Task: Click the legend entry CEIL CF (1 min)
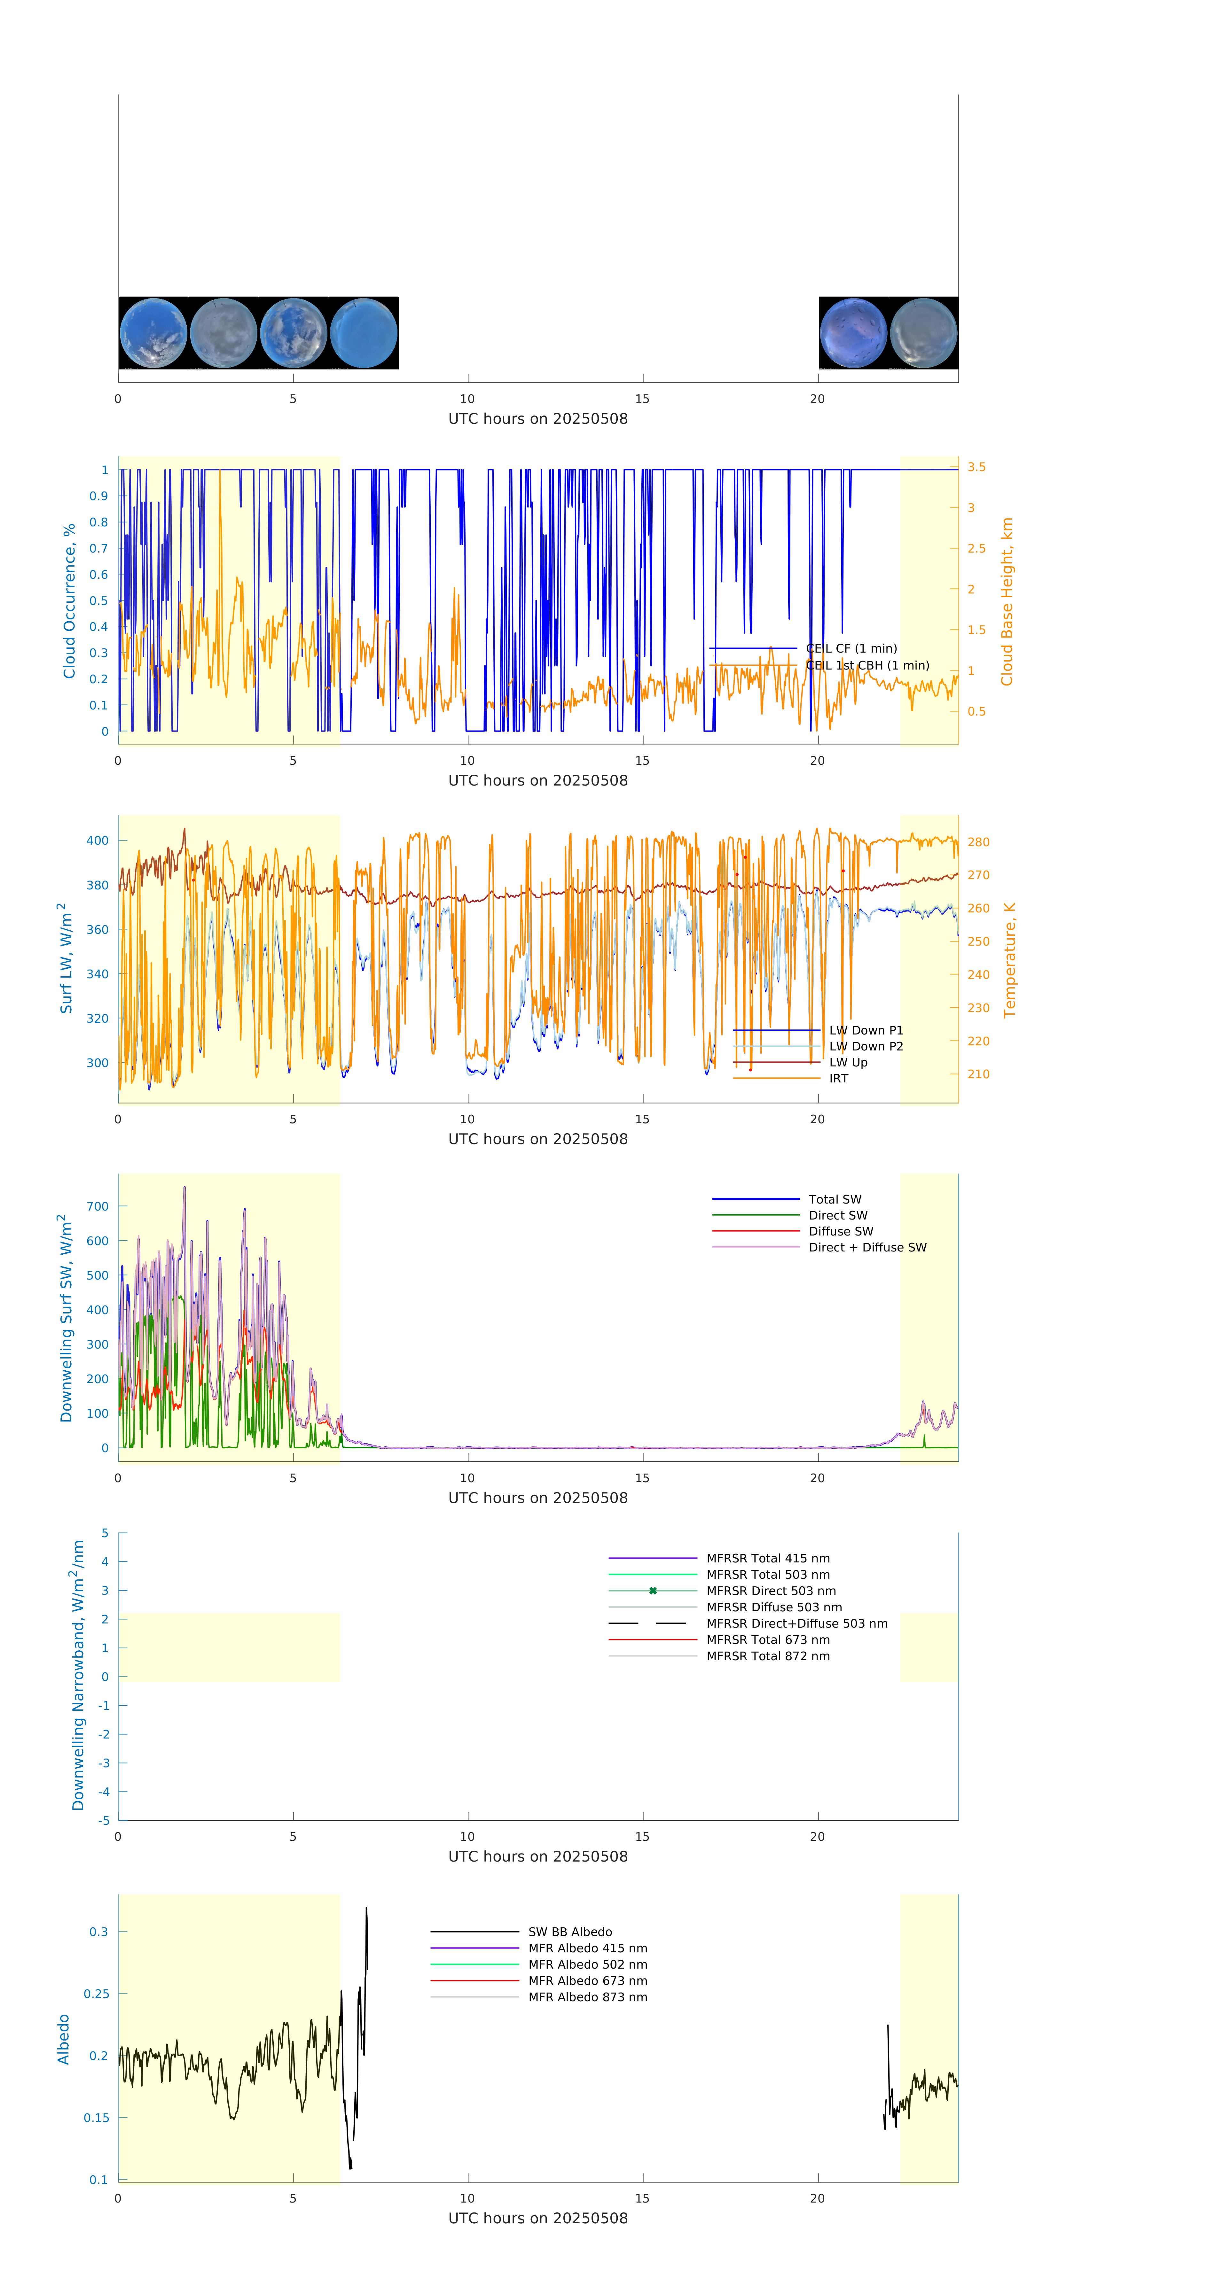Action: (x=851, y=648)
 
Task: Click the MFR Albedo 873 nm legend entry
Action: (x=587, y=1997)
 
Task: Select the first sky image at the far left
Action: (x=153, y=333)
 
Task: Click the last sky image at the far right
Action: (x=923, y=333)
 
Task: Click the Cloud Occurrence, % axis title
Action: (x=69, y=601)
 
